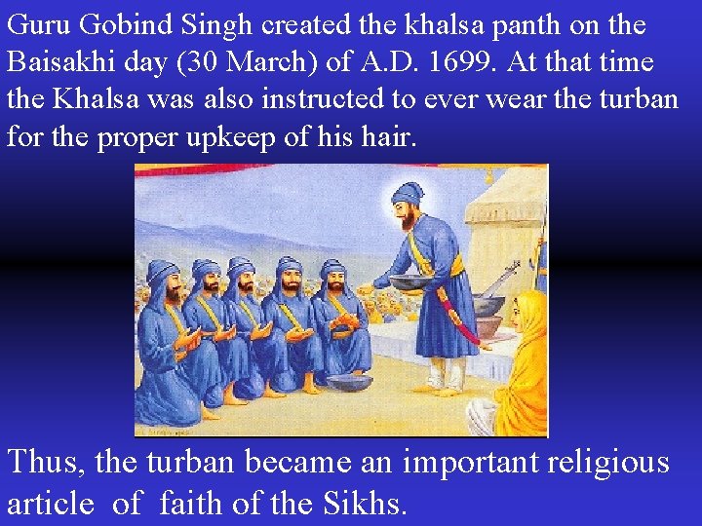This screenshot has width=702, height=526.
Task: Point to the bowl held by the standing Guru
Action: tap(409, 282)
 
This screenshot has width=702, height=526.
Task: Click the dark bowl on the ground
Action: tap(348, 382)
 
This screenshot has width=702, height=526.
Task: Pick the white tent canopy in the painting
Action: tap(502, 209)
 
